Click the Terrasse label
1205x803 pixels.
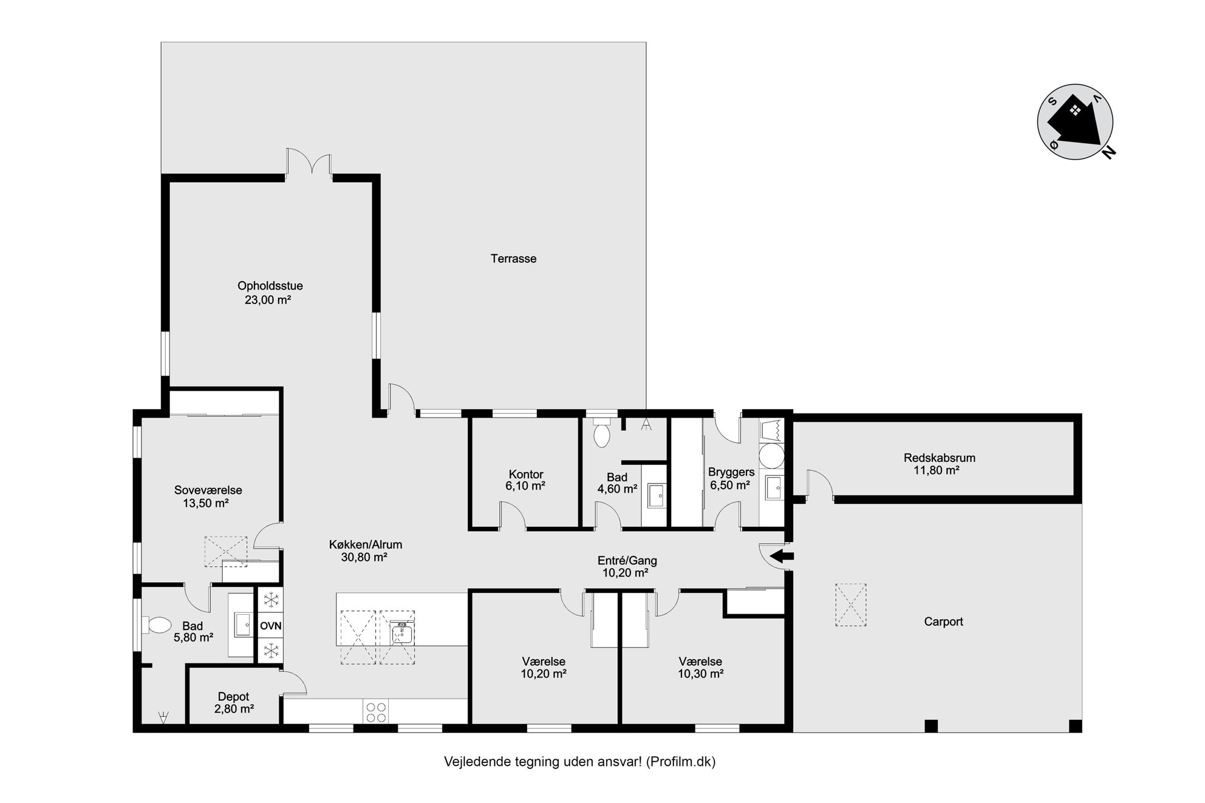513,259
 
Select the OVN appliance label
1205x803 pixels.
270,626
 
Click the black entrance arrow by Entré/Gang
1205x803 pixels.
782,555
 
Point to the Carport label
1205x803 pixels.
943,622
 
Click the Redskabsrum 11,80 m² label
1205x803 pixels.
940,464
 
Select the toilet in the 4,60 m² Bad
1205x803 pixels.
602,432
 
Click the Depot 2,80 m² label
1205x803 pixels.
234,703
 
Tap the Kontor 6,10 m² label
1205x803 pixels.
525,480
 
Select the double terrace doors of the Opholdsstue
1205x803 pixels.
309,163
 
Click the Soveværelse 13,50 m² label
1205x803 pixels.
208,496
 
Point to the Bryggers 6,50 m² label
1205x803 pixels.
731,478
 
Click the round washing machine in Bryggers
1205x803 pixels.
771,455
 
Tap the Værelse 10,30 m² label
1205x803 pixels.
700,668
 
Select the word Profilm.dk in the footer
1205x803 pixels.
680,762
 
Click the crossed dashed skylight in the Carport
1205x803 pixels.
850,605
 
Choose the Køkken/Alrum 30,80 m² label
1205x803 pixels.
365,551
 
